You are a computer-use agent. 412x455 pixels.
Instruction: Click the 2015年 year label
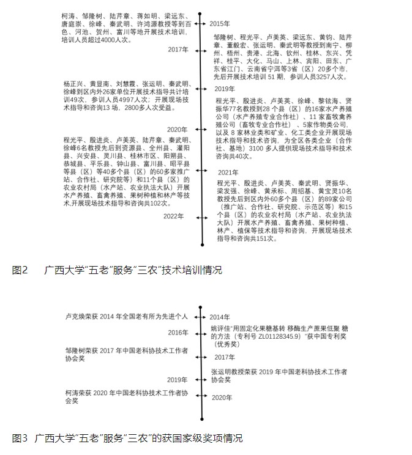click(x=220, y=23)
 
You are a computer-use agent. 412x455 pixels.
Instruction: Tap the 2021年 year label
click(x=228, y=173)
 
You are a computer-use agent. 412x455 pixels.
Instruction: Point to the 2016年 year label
click(x=178, y=332)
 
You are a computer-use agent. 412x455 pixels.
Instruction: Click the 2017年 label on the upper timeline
click(x=178, y=50)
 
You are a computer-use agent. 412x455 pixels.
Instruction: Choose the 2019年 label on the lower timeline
click(x=178, y=379)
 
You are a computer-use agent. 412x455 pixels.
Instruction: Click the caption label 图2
click(x=20, y=270)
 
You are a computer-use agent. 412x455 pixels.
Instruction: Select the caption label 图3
click(x=20, y=438)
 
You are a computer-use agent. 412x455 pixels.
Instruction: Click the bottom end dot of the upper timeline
click(x=203, y=245)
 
